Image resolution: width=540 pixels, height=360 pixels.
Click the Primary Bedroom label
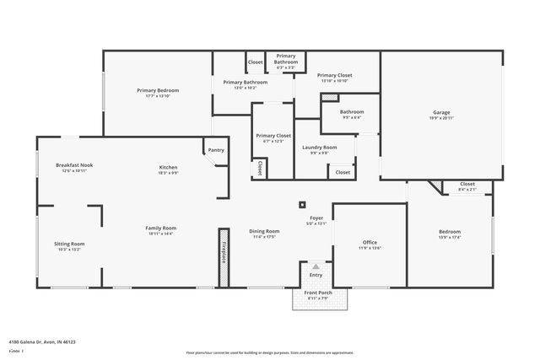pyautogui.click(x=158, y=90)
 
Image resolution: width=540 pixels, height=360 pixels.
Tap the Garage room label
pyautogui.click(x=441, y=112)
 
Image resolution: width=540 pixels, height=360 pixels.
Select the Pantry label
pyautogui.click(x=216, y=150)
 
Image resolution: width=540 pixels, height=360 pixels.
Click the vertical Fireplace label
pyautogui.click(x=224, y=254)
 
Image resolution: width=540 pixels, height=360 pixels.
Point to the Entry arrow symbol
pyautogui.click(x=316, y=266)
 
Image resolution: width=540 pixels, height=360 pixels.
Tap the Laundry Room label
pyautogui.click(x=319, y=148)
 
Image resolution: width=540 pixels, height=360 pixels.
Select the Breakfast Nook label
pyautogui.click(x=72, y=165)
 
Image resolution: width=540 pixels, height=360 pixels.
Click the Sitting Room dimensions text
pyautogui.click(x=69, y=250)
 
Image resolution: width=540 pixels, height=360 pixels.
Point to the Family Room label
pyautogui.click(x=160, y=228)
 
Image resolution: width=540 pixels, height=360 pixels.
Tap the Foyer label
pyautogui.click(x=315, y=218)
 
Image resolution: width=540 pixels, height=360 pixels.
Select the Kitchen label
pyautogui.click(x=169, y=167)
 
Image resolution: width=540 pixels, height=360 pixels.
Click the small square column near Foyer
pyautogui.click(x=303, y=203)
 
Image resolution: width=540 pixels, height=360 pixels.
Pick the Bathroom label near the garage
pyautogui.click(x=351, y=112)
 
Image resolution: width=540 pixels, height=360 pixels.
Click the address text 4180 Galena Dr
pyautogui.click(x=42, y=342)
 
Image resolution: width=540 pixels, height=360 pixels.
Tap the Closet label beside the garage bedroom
pyautogui.click(x=467, y=184)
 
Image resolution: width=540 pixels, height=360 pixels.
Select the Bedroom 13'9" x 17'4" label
pyautogui.click(x=449, y=232)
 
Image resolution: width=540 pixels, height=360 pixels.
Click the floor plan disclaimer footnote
pyautogui.click(x=271, y=353)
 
